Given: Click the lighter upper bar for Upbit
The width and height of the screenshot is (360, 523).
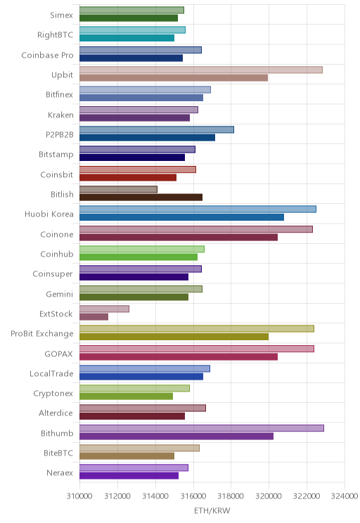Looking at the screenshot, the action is click(201, 70).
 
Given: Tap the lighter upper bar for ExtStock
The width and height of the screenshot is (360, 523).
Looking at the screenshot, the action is click(104, 309).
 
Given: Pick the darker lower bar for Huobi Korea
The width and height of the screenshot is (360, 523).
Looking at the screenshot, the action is click(181, 217).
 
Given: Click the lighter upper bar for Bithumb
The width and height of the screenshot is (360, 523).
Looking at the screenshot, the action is click(202, 428).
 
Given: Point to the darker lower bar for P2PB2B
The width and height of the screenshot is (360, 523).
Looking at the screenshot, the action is click(147, 137).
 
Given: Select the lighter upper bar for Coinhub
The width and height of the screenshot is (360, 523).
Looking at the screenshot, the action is click(142, 249).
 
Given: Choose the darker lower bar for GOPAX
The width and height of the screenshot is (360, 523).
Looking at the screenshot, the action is click(179, 356).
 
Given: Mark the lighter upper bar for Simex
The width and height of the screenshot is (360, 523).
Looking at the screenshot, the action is click(131, 10).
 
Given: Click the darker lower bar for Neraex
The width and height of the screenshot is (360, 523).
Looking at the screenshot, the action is click(129, 476).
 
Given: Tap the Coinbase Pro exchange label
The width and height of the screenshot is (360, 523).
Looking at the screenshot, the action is click(47, 55).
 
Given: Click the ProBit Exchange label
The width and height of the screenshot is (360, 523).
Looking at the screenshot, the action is click(42, 333).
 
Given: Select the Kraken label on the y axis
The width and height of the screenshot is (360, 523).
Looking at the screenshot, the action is click(60, 115).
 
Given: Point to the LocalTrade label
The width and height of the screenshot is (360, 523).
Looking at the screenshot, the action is click(51, 373).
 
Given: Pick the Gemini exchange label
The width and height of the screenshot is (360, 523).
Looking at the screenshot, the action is click(59, 294).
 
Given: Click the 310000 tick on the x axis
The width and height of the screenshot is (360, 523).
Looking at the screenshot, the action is click(79, 496).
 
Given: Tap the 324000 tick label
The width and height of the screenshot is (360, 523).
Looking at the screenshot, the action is click(345, 496).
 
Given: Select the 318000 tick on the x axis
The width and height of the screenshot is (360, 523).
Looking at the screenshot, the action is click(231, 496).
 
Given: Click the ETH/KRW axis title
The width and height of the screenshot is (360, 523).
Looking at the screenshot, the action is click(212, 510).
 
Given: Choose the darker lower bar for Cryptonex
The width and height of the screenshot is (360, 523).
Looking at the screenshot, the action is click(126, 396).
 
